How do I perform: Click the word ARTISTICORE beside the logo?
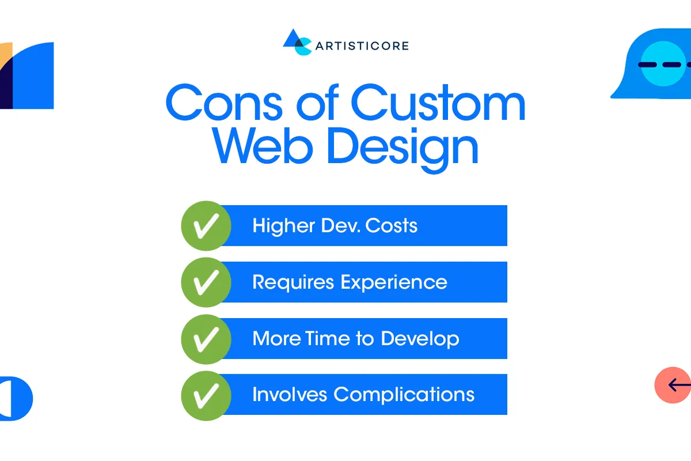click(362, 46)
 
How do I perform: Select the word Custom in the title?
click(438, 103)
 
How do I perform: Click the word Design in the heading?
click(403, 149)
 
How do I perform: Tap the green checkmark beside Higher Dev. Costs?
click(206, 226)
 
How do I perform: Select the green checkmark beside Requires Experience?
click(206, 282)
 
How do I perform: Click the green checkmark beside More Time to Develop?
click(206, 339)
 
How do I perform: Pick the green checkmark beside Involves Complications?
click(206, 395)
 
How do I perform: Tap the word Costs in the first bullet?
click(391, 225)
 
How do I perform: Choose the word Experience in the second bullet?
click(393, 282)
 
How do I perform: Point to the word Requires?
click(293, 282)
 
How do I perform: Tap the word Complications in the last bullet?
click(404, 395)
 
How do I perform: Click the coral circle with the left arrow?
click(673, 384)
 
